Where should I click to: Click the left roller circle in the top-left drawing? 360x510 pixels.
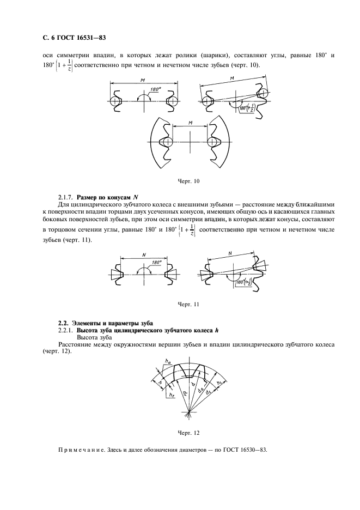[x=114, y=102]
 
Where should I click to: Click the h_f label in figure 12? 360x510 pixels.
[x=172, y=393]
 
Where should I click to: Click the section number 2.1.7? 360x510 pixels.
[x=66, y=196]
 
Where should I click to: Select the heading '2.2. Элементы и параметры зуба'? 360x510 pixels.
[x=105, y=324]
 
